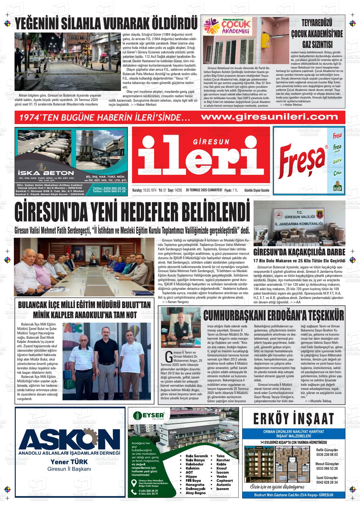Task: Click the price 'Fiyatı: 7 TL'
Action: [x=231, y=190]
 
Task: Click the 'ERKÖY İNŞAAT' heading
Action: [x=293, y=419]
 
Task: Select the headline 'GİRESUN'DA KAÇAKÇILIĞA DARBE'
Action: [x=299, y=252]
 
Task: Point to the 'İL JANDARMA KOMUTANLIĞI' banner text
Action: [x=299, y=224]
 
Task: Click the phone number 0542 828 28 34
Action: [x=327, y=482]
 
